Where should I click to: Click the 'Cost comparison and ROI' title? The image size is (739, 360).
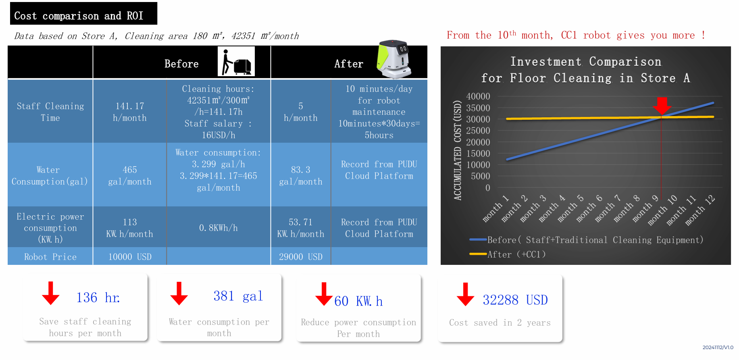[x=79, y=16]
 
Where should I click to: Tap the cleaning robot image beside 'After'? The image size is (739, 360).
[x=394, y=59]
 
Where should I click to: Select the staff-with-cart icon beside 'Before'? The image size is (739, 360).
[x=236, y=61]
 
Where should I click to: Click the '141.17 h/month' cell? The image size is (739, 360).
[x=130, y=112]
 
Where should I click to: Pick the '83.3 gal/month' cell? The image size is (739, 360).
[x=301, y=176]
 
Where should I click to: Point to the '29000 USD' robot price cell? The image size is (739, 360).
[x=301, y=257]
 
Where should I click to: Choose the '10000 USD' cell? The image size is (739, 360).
[x=130, y=257]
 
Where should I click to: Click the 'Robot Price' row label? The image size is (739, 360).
[x=50, y=257]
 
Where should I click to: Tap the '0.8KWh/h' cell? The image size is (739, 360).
[x=218, y=228]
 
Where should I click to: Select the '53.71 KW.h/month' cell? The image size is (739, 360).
[x=301, y=228]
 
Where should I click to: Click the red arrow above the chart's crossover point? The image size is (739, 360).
[x=662, y=106]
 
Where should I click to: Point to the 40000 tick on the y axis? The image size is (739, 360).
[x=478, y=96]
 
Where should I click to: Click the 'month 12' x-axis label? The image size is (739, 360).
[x=700, y=210]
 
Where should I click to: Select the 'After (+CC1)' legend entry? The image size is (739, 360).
[x=508, y=254]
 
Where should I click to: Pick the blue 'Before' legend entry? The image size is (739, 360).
[x=586, y=240]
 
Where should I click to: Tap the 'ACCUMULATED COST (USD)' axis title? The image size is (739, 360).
[x=458, y=150]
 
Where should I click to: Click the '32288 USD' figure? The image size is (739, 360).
[x=515, y=300]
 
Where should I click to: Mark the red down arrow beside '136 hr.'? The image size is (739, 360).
[x=51, y=293]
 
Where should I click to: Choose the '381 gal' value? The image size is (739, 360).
[x=238, y=296]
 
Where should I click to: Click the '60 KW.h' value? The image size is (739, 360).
[x=358, y=301]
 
